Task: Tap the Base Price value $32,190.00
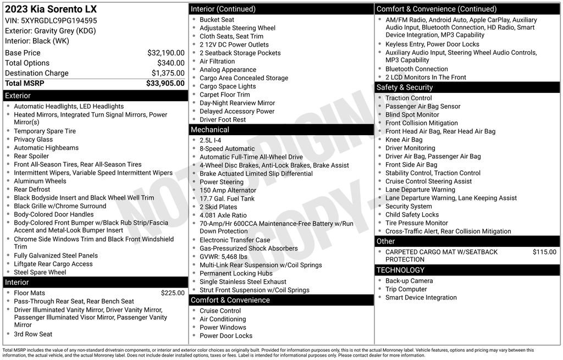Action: click(165, 53)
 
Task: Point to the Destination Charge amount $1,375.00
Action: click(168, 73)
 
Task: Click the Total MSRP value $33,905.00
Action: click(165, 84)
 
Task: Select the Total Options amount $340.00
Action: click(172, 63)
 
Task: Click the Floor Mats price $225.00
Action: click(173, 293)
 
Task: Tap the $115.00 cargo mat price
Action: click(544, 252)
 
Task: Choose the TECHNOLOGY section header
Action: click(400, 270)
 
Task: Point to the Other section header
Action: click(385, 241)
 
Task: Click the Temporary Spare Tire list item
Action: click(45, 131)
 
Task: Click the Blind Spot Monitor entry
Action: click(412, 115)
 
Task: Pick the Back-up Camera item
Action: click(409, 281)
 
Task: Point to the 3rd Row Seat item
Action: click(33, 334)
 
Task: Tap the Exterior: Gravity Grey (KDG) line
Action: click(50, 31)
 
